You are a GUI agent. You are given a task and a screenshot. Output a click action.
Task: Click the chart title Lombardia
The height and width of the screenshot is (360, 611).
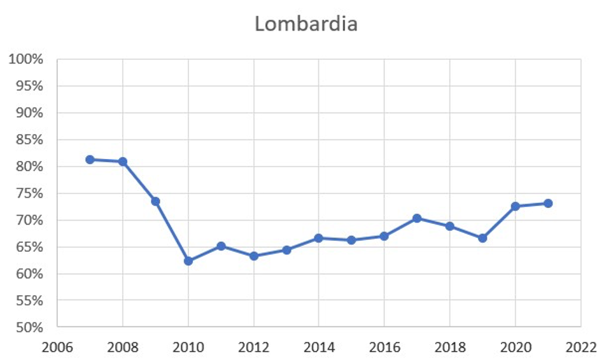(x=306, y=24)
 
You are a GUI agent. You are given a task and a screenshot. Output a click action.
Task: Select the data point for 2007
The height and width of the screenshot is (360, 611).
(x=90, y=160)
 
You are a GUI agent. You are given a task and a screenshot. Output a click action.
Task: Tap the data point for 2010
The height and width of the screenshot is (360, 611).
(x=188, y=261)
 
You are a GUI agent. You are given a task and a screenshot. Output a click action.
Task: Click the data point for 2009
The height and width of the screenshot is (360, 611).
(x=155, y=201)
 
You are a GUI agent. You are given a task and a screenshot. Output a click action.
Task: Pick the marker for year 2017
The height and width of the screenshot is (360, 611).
(x=417, y=218)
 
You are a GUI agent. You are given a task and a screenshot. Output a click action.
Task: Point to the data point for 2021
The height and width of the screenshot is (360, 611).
(x=547, y=204)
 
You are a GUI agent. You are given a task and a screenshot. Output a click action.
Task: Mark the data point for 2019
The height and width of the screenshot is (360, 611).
(x=482, y=238)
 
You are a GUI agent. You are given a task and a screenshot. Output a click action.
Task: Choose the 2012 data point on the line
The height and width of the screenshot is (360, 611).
(x=253, y=256)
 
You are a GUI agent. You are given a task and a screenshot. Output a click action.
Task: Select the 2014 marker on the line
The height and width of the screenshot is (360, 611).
(x=319, y=238)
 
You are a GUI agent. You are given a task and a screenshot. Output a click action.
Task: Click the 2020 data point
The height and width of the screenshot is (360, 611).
(x=515, y=206)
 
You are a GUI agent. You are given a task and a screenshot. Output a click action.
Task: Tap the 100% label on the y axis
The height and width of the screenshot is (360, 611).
(x=26, y=60)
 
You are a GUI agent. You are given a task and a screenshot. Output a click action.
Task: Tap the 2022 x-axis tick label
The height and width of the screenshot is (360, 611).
(x=580, y=347)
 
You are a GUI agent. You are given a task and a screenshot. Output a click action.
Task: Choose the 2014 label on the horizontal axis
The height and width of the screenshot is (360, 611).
(x=319, y=347)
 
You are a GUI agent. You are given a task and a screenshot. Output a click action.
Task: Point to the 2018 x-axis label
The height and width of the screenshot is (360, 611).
(x=449, y=347)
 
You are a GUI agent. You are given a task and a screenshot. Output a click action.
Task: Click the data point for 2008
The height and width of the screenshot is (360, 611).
(x=123, y=162)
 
